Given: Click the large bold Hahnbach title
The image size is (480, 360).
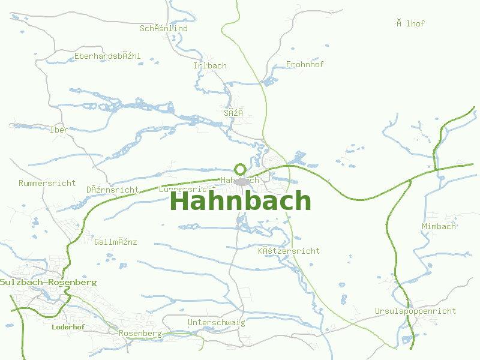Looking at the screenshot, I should point(241,201).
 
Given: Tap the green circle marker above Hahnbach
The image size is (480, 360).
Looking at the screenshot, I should point(240,169).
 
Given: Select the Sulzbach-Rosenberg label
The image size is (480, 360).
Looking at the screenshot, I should point(49,282).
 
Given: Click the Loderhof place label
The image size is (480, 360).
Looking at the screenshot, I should point(68,327).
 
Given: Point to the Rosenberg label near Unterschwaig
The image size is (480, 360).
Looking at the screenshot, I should point(140,333).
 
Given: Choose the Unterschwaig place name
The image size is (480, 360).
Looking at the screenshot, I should point(216,323).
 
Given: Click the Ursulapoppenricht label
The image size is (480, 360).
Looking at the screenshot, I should point(415,311).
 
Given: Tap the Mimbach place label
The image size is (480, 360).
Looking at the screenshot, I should point(439,226).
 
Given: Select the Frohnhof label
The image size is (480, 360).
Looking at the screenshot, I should point(305,64).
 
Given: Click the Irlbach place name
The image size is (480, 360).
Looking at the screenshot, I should point(210,65).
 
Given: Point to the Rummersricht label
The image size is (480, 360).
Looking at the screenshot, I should point(47,183).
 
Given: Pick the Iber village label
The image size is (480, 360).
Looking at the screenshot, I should point(59,130).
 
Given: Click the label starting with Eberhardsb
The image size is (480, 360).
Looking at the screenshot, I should point(107,56).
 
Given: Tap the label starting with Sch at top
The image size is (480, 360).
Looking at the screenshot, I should point(164,28).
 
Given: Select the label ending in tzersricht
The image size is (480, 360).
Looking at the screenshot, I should point(289,251).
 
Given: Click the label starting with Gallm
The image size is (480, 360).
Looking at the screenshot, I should point(116,242).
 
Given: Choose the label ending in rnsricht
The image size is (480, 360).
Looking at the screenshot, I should point(112,190).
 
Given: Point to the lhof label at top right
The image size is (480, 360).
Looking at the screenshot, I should point(410,23).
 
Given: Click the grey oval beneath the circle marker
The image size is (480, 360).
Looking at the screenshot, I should point(242,181).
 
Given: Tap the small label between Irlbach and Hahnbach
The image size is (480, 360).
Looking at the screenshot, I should point(233,112).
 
